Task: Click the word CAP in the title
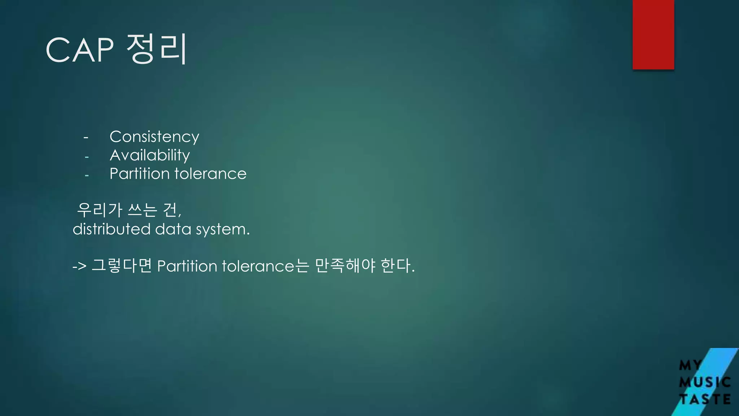tap(80, 50)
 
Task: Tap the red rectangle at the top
tap(653, 34)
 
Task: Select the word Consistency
tap(154, 137)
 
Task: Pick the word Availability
tap(150, 155)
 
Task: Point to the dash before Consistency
tap(86, 138)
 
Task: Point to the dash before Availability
tap(87, 157)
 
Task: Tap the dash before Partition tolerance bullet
tap(87, 176)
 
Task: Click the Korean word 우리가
tap(100, 210)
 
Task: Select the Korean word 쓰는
tap(143, 210)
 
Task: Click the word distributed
tap(111, 229)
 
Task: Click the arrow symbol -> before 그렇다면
tap(79, 266)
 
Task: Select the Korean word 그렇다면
tap(122, 265)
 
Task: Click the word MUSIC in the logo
tap(705, 382)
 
